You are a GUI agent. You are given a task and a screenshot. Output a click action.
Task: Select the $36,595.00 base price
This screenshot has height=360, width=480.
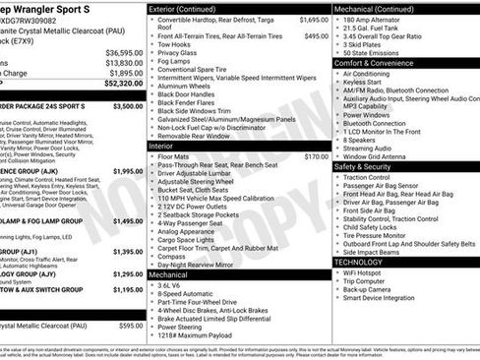(x=124, y=52)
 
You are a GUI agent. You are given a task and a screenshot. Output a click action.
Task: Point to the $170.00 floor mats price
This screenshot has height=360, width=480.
(x=316, y=156)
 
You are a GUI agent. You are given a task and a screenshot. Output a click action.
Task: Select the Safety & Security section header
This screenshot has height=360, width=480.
(x=369, y=166)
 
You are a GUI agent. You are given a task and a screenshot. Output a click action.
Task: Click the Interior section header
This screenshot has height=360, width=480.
(x=160, y=146)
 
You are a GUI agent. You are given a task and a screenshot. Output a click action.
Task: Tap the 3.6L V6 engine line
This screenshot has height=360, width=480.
(x=173, y=285)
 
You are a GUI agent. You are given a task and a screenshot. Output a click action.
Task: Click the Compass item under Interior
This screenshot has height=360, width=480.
(x=171, y=257)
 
